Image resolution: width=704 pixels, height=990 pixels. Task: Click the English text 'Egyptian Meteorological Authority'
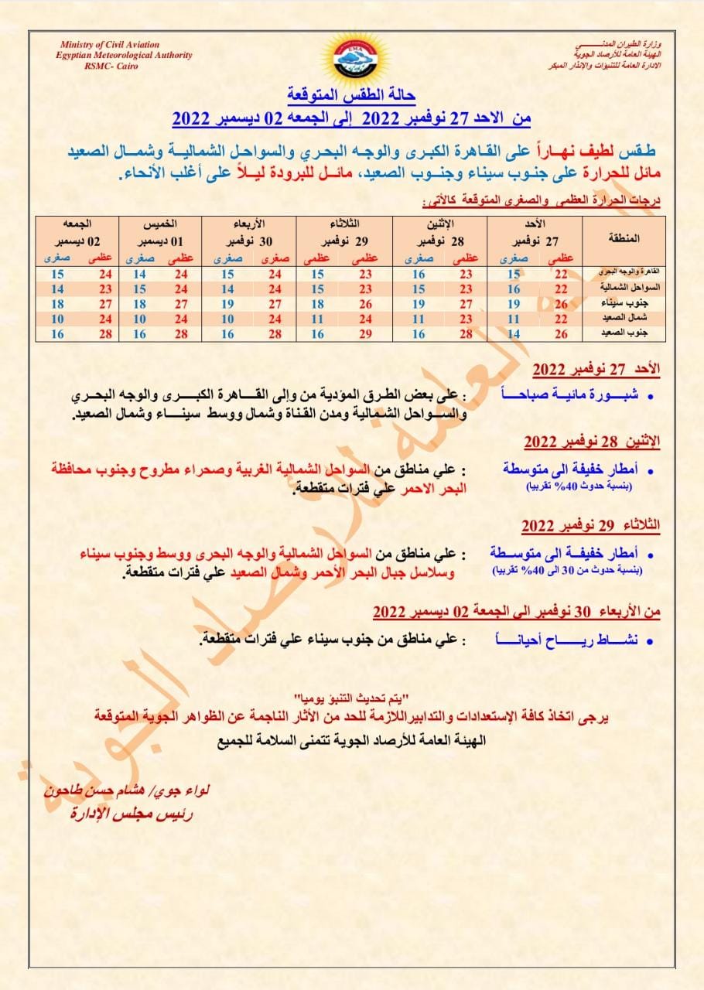[124, 56]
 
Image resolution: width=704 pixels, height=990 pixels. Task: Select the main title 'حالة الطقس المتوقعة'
[352, 96]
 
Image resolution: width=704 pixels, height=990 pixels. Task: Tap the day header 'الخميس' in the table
[160, 224]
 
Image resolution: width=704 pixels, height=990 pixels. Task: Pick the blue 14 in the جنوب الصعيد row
[513, 333]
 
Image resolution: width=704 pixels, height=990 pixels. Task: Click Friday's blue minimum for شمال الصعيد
[56, 318]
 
